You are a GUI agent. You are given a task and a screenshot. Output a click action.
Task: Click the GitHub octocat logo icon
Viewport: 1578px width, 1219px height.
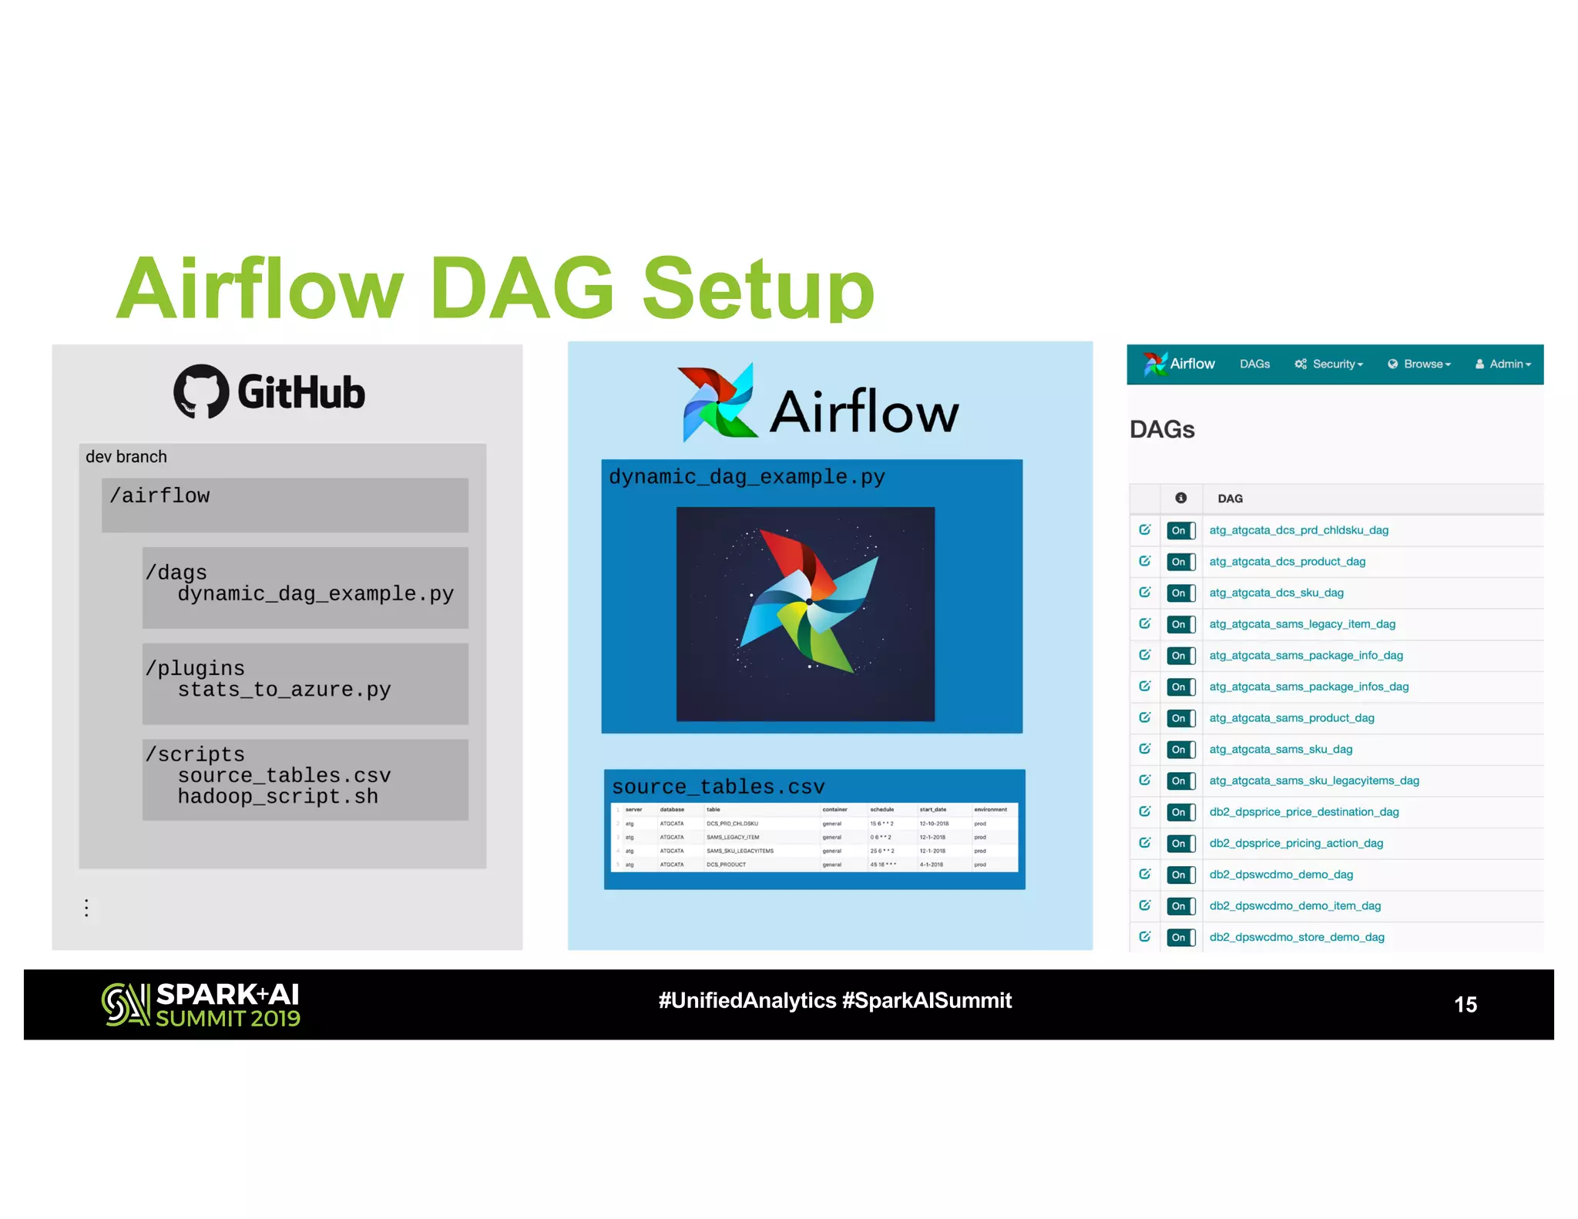click(x=201, y=391)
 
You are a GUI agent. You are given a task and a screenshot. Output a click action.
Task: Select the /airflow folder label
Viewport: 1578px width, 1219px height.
click(x=159, y=495)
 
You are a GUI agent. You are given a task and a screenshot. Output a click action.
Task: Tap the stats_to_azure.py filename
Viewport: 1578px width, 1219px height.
click(x=284, y=690)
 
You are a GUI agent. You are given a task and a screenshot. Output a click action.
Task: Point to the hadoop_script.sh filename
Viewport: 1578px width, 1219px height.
click(x=277, y=796)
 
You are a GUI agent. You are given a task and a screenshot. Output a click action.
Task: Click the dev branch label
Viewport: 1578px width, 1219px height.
click(x=126, y=457)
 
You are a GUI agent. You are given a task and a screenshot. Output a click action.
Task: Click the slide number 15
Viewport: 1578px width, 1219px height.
click(x=1465, y=1004)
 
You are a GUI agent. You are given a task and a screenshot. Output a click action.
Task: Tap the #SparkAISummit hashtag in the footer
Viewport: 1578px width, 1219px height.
click(x=927, y=1000)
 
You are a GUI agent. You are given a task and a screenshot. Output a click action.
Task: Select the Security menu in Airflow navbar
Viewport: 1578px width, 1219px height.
click(x=1329, y=364)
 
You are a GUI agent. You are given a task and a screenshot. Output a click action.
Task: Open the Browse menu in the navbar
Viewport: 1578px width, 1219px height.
click(x=1419, y=364)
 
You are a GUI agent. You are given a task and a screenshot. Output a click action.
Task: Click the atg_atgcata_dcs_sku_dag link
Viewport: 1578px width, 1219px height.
click(x=1276, y=593)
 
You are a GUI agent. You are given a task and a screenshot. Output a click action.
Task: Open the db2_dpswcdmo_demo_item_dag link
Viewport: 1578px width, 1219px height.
click(x=1294, y=905)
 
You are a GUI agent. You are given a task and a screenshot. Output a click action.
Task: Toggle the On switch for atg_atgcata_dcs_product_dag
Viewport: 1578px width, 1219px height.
click(x=1180, y=562)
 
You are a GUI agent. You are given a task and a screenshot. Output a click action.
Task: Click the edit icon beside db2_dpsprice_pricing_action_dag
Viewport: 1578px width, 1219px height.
click(x=1145, y=843)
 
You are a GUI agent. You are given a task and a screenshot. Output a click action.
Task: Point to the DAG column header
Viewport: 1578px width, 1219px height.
click(x=1230, y=499)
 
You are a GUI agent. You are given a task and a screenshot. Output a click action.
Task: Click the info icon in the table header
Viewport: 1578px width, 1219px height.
click(x=1180, y=498)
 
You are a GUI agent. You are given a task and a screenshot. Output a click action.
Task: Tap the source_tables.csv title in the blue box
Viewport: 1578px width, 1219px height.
click(x=718, y=787)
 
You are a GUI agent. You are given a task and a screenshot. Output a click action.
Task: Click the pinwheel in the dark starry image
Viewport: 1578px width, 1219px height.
click(x=807, y=601)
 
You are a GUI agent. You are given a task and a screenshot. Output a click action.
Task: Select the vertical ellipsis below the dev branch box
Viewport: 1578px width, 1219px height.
click(x=86, y=908)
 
